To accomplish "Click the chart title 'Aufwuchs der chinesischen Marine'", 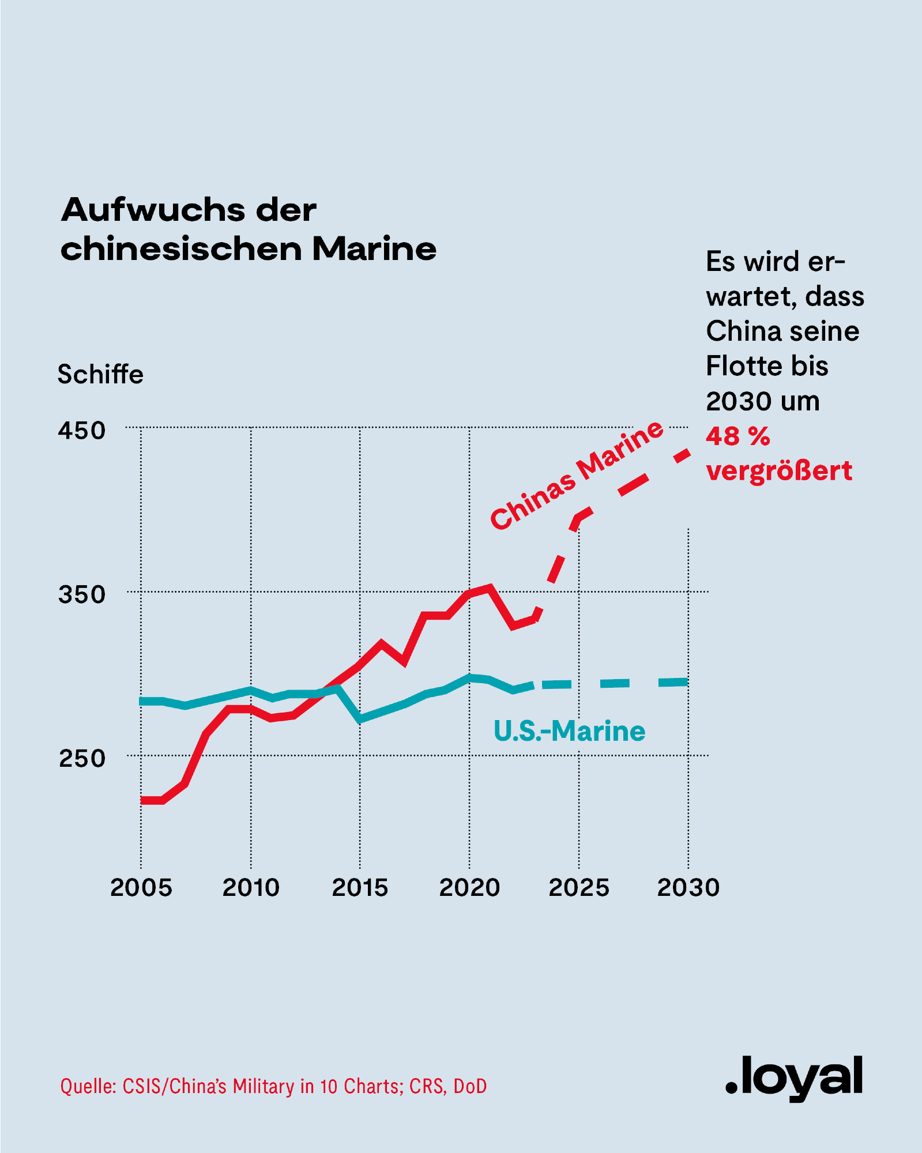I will click(x=248, y=229).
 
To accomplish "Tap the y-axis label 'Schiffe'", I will click(x=100, y=375).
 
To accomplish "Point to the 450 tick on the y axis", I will click(x=81, y=431).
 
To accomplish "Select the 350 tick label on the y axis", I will click(x=81, y=594).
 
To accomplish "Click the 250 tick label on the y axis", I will click(x=82, y=758).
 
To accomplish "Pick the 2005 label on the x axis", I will click(x=141, y=888).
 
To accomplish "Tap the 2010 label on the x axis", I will click(x=251, y=888).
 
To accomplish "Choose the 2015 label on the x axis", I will click(x=360, y=888).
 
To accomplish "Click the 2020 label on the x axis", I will click(x=469, y=888).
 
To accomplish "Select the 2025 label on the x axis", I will click(x=579, y=888).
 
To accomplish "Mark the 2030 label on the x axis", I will click(x=688, y=888).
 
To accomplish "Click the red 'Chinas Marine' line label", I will click(x=576, y=474).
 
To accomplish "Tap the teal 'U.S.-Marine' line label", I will click(x=569, y=731).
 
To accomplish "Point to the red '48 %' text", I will click(x=737, y=436).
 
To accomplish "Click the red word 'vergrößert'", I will click(x=778, y=471).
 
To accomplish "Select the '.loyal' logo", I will click(x=794, y=1077).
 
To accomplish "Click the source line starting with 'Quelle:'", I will click(x=273, y=1086).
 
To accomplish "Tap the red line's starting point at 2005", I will click(x=142, y=800).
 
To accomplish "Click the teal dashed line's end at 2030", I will click(x=687, y=682).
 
